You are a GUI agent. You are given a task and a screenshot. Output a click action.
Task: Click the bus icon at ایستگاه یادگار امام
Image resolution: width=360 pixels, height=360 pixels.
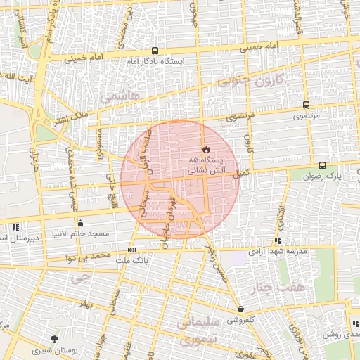pos(155,51)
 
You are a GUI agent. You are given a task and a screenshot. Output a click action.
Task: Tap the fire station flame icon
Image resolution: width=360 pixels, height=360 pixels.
pos(206,150)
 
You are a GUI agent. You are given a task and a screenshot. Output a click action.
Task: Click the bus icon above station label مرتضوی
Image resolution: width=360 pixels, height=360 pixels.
pos(305,104)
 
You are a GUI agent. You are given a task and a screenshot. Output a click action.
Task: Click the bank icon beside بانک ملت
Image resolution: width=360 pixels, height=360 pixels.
pos(131,250)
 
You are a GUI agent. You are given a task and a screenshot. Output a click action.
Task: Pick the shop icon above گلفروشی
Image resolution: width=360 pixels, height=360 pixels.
pos(240,309)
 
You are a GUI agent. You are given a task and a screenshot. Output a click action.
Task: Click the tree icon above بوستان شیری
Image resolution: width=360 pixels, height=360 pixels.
pos(55,339)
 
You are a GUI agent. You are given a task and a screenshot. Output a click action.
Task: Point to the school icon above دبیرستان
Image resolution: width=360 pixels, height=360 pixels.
pos(15,226)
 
